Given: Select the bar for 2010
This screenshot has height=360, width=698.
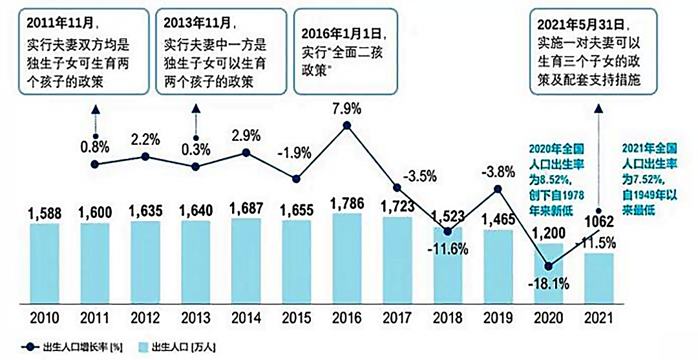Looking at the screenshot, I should pos(44,262).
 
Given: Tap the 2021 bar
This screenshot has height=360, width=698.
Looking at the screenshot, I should pos(598,277).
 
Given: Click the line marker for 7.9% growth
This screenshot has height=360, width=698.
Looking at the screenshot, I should pos(347,125).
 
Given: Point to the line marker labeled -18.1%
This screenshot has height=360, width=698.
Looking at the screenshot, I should pos(549,266).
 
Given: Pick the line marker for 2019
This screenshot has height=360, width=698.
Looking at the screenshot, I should pos(498,189).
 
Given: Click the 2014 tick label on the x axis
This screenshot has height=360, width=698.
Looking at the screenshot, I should pos(246,319).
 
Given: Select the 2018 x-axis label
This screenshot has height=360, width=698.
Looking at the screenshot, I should pos(448,319).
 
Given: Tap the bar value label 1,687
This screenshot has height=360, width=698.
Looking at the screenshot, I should pos(246,210).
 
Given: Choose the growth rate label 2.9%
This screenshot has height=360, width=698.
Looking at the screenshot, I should pos(246,136).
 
